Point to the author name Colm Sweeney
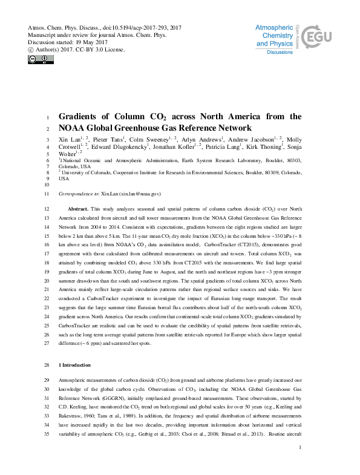click(148, 140)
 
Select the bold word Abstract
click(78, 208)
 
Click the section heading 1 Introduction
click(74, 365)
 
